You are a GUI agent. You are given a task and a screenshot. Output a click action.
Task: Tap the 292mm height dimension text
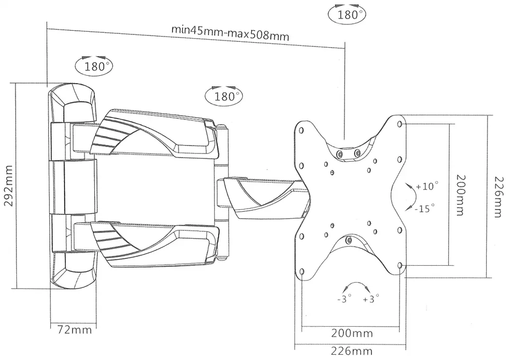[8, 185]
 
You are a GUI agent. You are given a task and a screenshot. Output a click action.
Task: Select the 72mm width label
[74, 330]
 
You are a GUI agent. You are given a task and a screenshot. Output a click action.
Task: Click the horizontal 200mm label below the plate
[352, 334]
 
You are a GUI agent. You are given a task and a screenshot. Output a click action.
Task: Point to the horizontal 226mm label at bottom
[352, 351]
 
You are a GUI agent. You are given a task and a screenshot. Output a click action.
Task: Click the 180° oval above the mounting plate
[348, 14]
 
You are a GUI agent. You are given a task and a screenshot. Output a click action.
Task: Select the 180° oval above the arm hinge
[223, 96]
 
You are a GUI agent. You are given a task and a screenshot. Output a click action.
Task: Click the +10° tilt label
[427, 187]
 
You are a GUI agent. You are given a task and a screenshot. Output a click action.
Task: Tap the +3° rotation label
[372, 299]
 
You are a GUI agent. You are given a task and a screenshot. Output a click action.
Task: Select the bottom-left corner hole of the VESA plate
[302, 272]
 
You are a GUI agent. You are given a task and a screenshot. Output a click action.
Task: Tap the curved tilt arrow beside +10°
[410, 196]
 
